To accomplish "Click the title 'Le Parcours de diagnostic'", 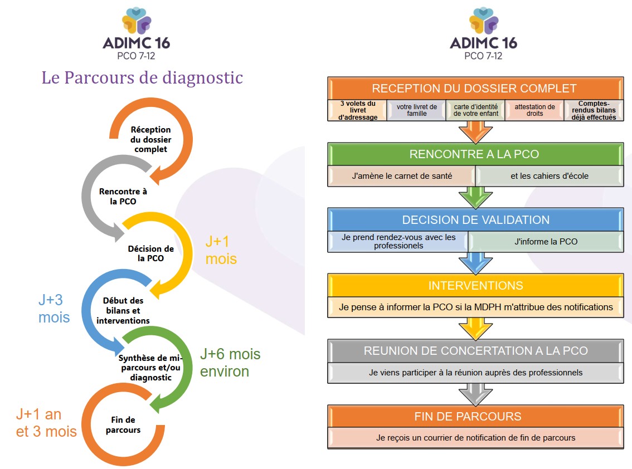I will click(142, 77).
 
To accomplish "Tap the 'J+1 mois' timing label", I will click(221, 250).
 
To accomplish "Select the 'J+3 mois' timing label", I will click(54, 309).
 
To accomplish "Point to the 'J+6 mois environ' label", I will click(230, 363).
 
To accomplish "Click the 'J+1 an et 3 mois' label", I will click(46, 423).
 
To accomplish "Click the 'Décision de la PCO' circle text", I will click(151, 253).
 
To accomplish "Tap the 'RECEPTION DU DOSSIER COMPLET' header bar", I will click(474, 89).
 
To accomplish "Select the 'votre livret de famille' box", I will click(416, 110).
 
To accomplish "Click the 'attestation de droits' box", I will click(534, 110).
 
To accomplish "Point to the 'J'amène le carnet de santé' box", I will click(401, 176).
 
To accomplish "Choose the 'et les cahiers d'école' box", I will click(549, 176).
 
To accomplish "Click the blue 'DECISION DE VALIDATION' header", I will click(475, 219).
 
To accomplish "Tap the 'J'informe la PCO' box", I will click(546, 241).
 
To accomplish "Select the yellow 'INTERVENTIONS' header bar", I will click(475, 285).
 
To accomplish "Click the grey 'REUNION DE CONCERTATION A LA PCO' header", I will click(475, 351).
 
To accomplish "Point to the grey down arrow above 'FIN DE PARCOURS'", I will click(475, 394).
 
